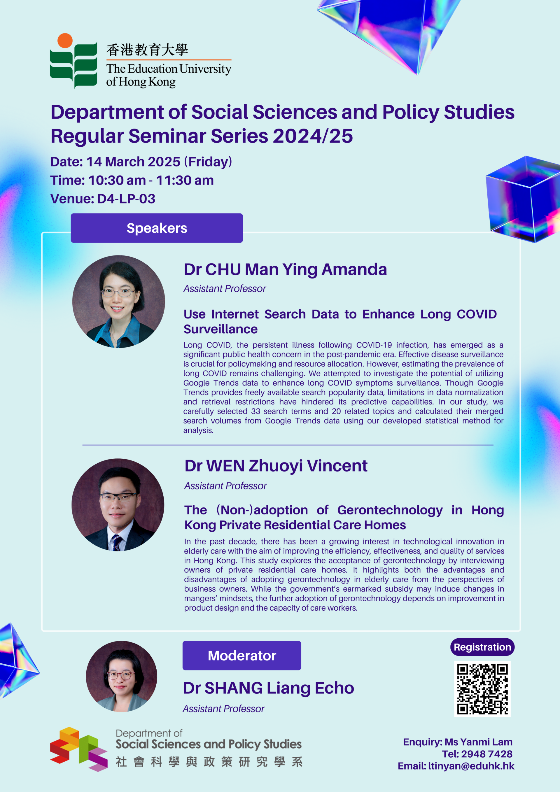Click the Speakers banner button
[157, 228]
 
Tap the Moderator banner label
[242, 656]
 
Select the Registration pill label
[482, 647]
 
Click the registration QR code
[482, 689]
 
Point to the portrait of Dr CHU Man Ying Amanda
[118, 302]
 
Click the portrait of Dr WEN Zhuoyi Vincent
[118, 505]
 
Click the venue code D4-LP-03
[126, 199]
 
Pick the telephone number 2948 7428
[487, 754]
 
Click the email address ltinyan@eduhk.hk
[471, 766]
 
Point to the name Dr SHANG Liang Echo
[268, 688]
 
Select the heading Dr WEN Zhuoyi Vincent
[276, 466]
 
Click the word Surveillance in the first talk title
[220, 329]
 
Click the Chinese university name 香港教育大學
[147, 50]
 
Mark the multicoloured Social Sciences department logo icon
[79, 749]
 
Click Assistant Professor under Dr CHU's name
[225, 288]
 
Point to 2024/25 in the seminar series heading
[313, 136]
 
